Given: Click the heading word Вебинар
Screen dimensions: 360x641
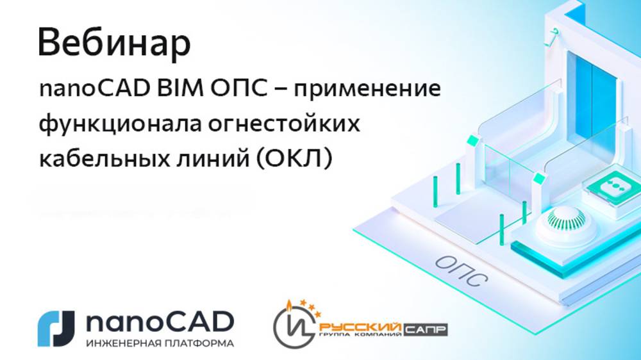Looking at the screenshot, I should click(114, 44).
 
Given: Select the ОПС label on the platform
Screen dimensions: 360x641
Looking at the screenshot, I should click(460, 268).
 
